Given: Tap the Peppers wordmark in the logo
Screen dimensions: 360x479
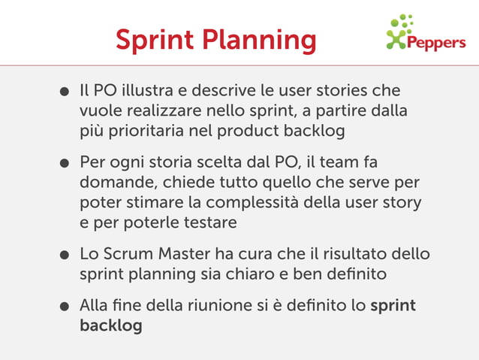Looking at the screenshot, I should (x=435, y=43).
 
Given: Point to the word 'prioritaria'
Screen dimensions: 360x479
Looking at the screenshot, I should (x=143, y=131).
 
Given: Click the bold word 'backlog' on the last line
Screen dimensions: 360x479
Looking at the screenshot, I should (x=110, y=327).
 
